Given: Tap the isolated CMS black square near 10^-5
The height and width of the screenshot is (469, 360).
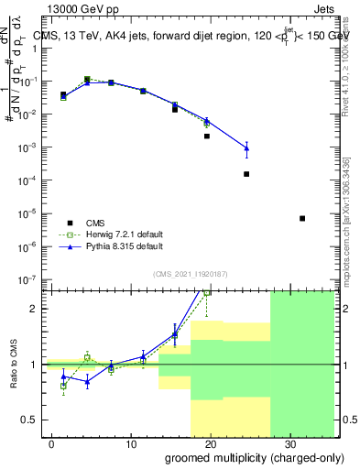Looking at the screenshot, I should tap(302, 218).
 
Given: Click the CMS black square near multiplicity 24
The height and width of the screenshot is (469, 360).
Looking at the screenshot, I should tap(246, 174).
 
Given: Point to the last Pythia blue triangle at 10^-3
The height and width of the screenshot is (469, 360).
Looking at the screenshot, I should tap(246, 147).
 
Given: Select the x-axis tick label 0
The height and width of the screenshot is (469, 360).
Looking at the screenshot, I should tap(51, 442).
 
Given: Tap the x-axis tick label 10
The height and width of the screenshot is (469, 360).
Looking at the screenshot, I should tap(130, 442).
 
